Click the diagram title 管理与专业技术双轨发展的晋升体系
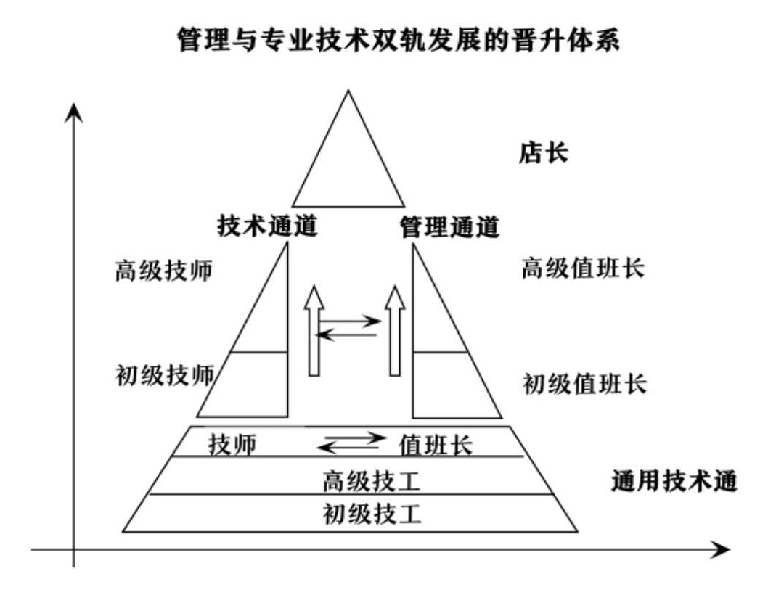399,40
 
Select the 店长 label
543,154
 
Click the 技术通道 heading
268,227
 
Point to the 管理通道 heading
450,227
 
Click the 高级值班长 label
583,269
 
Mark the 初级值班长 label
584,383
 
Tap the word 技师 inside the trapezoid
232,444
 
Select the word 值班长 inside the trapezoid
436,444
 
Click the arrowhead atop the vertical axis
73,112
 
